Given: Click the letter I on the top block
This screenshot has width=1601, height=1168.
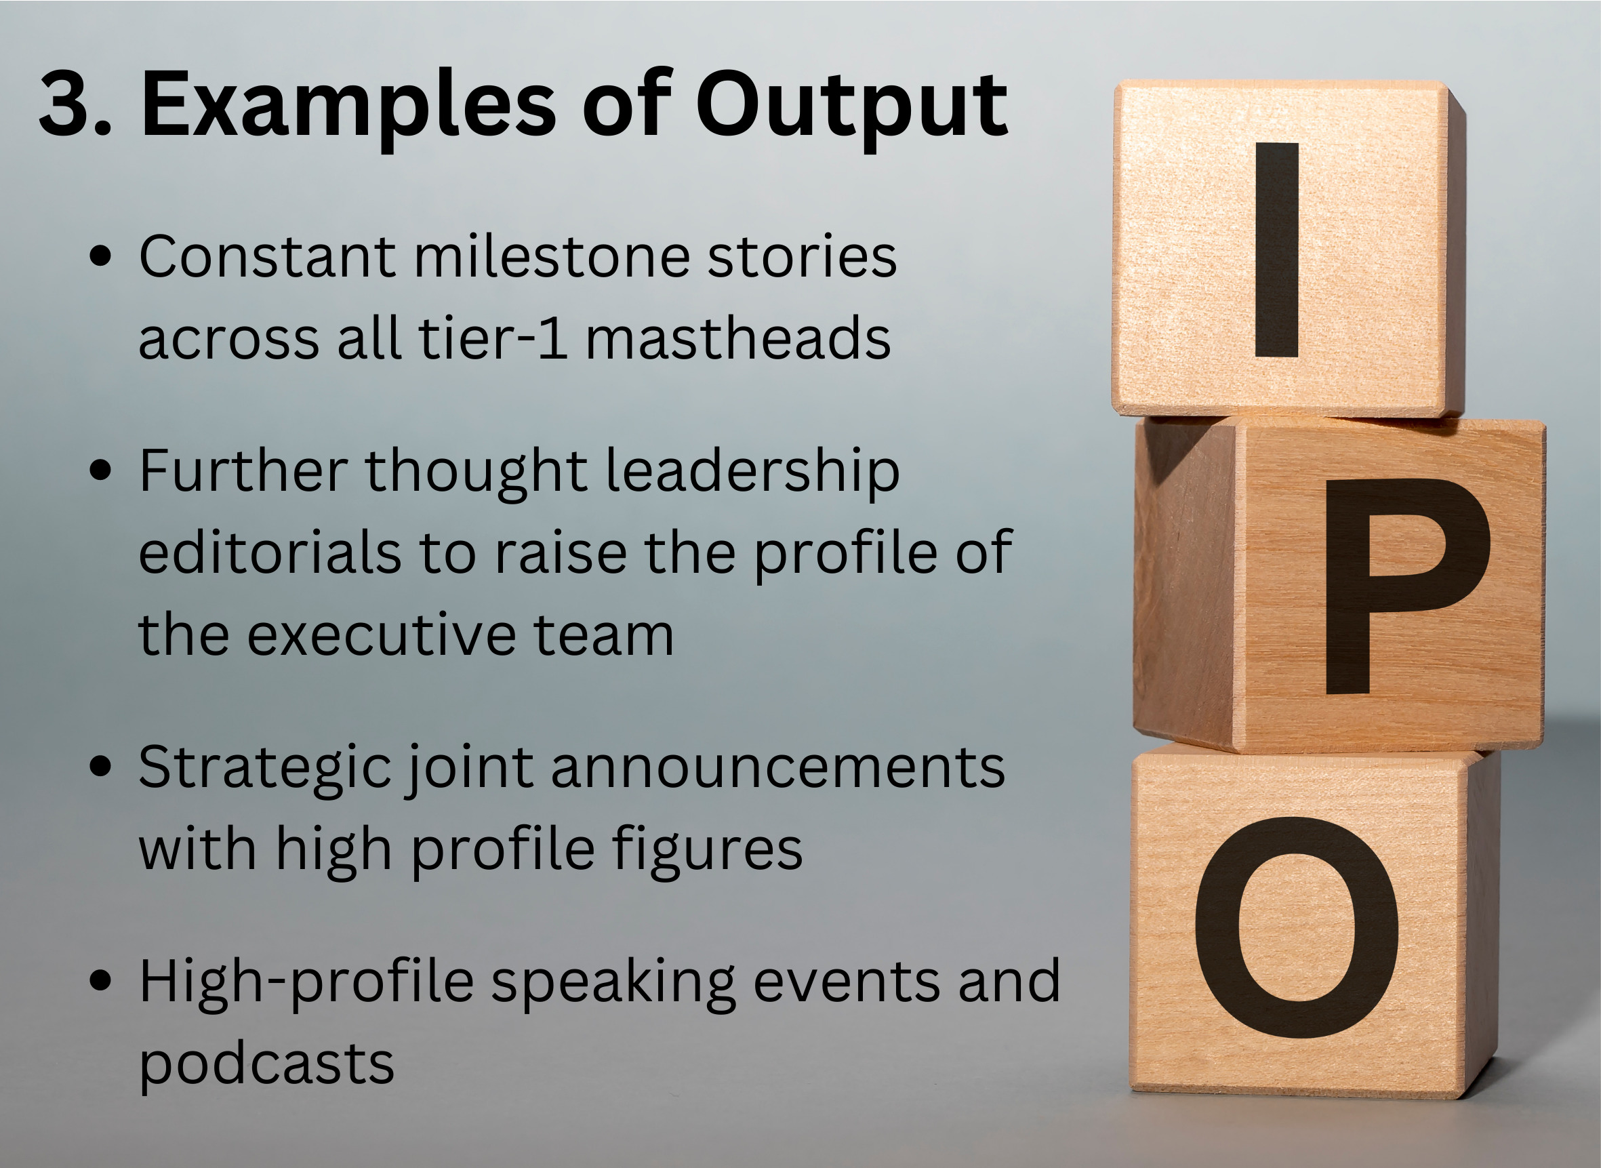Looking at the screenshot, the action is pos(1276,249).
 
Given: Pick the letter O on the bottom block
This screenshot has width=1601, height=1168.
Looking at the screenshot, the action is pos(1297,927).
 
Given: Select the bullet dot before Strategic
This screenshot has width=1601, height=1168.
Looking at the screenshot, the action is pos(101,768).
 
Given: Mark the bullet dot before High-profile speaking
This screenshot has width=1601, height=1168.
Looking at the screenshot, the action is pos(101,982).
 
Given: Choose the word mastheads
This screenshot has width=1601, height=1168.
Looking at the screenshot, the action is pos(738,338).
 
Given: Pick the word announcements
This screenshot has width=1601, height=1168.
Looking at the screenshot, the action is pos(777,768).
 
